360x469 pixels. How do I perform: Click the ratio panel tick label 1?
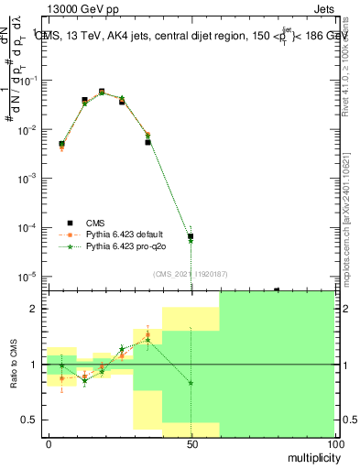[34, 365]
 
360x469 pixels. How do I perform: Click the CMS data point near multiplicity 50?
[191, 236]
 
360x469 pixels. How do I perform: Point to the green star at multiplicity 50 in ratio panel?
[191, 383]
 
